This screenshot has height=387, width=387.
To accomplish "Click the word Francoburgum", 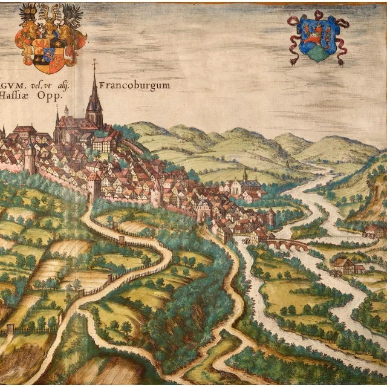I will [x=136, y=85].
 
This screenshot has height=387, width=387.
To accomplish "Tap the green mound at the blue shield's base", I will [x=318, y=54].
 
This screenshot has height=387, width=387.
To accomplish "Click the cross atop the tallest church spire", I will [x=94, y=62].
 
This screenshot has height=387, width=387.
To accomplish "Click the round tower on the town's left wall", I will [x=29, y=160].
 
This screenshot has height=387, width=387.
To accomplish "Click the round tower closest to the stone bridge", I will [x=272, y=217].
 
